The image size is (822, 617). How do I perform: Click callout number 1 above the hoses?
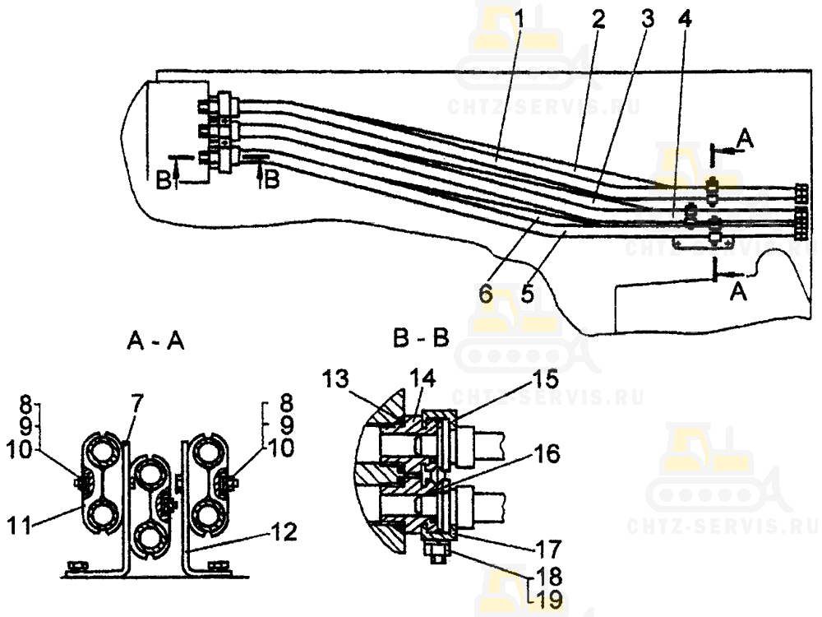tap(519, 20)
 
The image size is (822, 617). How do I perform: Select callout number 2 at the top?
tap(598, 20)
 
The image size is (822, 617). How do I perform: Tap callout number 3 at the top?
tap(648, 20)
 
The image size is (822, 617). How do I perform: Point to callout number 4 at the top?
tap(684, 20)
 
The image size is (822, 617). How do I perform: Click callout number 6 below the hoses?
tap(486, 294)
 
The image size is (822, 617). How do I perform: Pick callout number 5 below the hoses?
tap(528, 294)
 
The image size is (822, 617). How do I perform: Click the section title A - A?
tap(155, 341)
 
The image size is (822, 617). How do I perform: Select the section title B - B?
tap(421, 338)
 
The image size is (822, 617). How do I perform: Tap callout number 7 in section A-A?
tap(136, 405)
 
